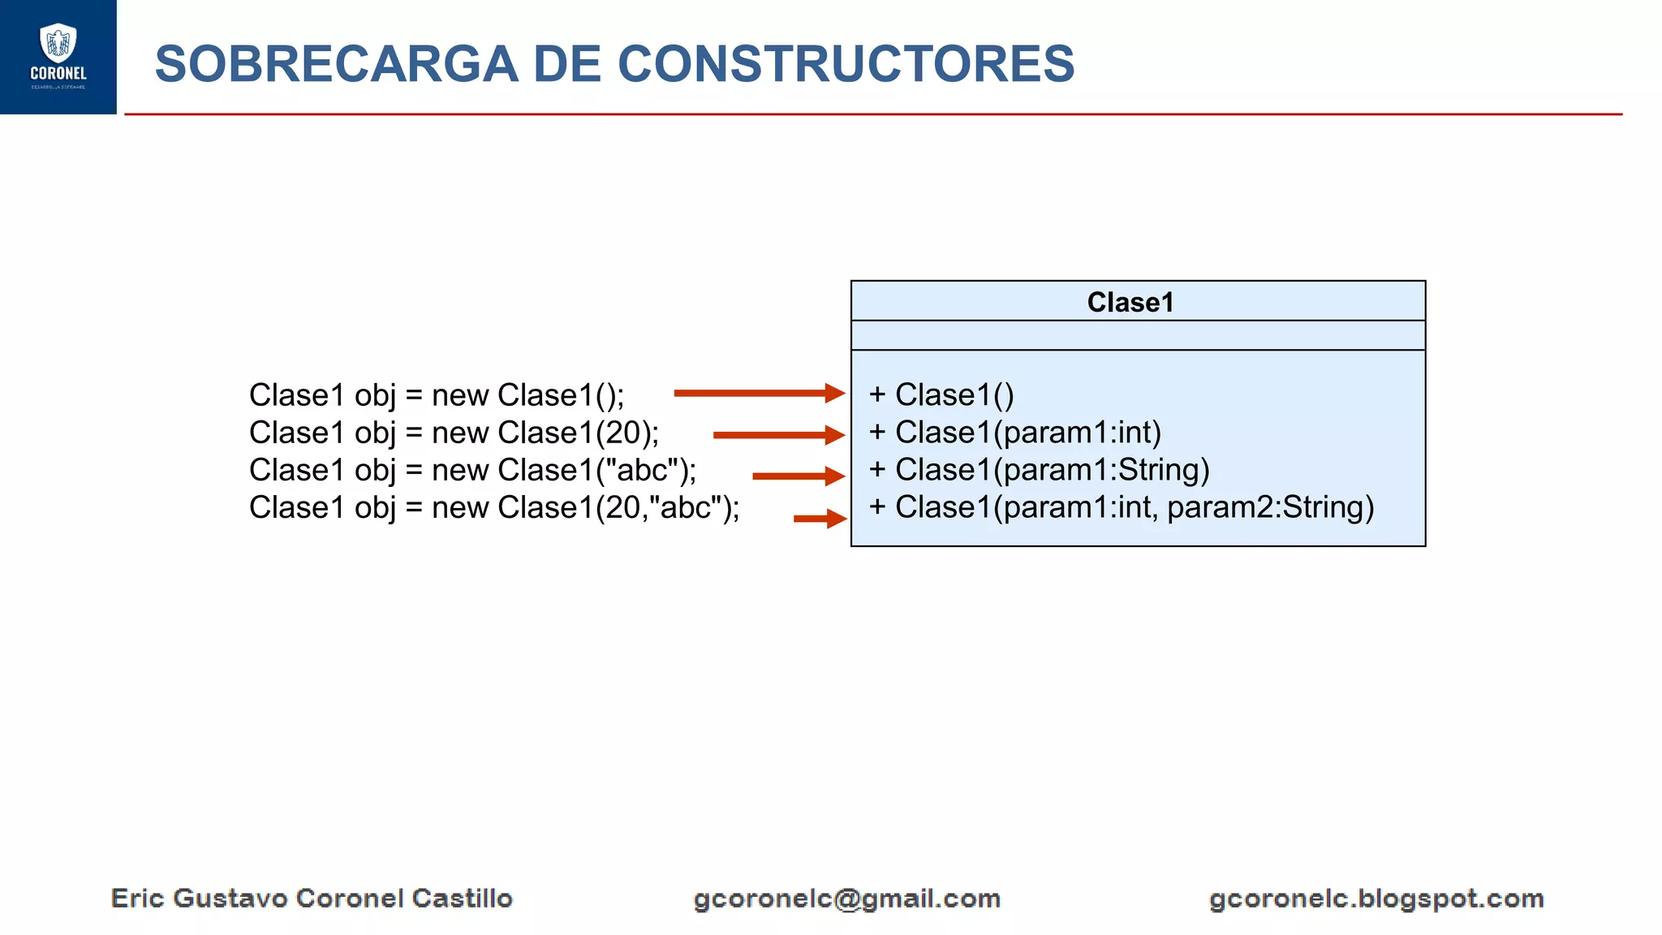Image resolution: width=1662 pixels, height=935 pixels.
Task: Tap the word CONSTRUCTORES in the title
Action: (x=846, y=64)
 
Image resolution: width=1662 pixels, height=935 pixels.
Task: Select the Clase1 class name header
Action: (x=1130, y=302)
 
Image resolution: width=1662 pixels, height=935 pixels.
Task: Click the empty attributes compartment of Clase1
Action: (x=1138, y=335)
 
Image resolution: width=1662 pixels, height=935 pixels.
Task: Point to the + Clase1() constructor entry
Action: (x=941, y=394)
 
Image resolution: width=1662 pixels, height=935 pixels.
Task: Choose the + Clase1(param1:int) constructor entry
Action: (x=1014, y=433)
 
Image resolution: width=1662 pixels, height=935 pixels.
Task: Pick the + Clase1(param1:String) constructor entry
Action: (x=1039, y=470)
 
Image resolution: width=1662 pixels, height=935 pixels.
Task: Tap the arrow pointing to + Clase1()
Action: (x=759, y=394)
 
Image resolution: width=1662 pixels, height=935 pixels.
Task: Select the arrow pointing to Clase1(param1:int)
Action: (x=778, y=435)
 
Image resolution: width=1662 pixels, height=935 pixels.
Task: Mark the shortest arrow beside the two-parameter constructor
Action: (x=819, y=518)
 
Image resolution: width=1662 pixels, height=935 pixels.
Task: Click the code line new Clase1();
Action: (x=527, y=395)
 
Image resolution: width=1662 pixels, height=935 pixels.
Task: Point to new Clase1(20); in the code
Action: (x=545, y=433)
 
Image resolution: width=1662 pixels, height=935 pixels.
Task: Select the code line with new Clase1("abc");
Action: (x=563, y=470)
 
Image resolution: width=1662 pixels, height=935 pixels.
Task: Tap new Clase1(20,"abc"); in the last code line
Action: (x=584, y=507)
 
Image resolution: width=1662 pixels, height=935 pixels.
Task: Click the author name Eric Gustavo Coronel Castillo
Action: (x=312, y=898)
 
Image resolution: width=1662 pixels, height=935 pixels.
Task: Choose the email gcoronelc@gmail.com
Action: (x=846, y=898)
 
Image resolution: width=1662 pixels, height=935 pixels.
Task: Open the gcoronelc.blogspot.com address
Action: (x=1376, y=898)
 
